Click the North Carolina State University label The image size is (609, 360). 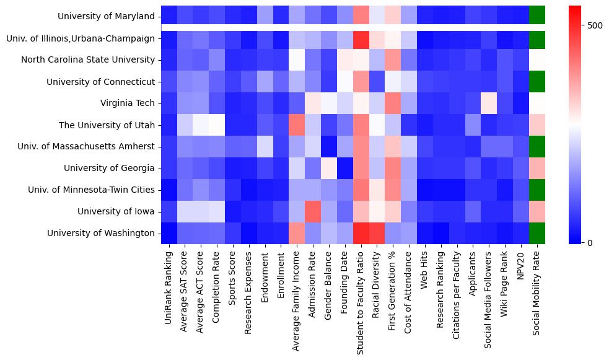(x=87, y=59)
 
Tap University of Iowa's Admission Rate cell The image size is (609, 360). (x=312, y=211)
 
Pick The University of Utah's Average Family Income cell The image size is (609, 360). (x=296, y=125)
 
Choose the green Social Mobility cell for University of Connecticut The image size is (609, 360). (x=537, y=81)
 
